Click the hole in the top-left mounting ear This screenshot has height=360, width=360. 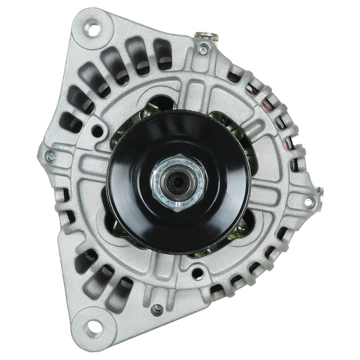94,29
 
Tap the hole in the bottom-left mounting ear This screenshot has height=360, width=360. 93,327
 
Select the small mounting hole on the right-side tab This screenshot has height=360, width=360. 309,202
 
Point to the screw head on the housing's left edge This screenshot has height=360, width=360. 51,157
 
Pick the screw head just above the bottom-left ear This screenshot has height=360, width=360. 157,309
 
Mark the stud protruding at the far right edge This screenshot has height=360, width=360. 320,193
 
